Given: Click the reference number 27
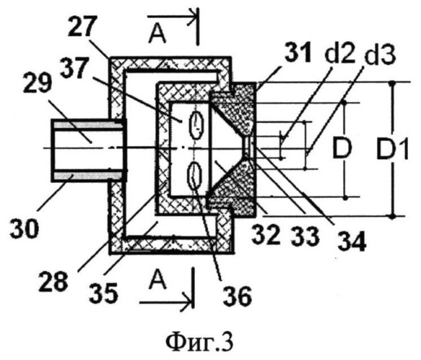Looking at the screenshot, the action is [x=82, y=27].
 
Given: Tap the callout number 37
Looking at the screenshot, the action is [x=74, y=69].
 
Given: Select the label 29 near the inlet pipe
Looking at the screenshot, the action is [x=37, y=83].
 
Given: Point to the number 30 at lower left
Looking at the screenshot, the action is [x=24, y=228].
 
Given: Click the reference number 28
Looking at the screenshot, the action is [x=53, y=282].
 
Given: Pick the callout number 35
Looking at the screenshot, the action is [x=104, y=293].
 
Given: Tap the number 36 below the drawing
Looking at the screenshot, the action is [x=238, y=297].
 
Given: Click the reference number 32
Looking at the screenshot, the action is [x=266, y=234].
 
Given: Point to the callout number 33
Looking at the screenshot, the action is [x=306, y=235].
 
